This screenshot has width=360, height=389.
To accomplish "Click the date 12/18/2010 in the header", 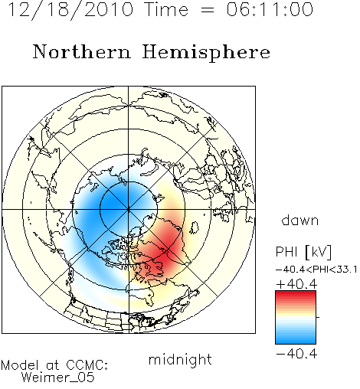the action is pyautogui.click(x=70, y=10).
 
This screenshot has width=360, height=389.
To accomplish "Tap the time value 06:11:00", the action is pyautogui.click(x=270, y=10).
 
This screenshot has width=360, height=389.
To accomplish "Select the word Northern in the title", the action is pyautogui.click(x=82, y=52).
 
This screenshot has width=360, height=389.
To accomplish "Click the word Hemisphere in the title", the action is pyautogui.click(x=206, y=53).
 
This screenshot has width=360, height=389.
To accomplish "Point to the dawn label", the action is pyautogui.click(x=300, y=220).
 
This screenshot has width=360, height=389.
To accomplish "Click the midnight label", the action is pyautogui.click(x=180, y=360).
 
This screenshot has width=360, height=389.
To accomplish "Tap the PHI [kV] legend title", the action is pyautogui.click(x=303, y=252).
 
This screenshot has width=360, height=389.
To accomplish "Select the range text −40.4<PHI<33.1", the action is pyautogui.click(x=316, y=270).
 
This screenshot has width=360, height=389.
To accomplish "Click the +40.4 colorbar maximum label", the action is pyautogui.click(x=296, y=284).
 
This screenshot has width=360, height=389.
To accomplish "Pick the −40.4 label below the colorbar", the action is pyautogui.click(x=296, y=354).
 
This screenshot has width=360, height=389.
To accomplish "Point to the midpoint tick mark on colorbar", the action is pyautogui.click(x=318, y=317).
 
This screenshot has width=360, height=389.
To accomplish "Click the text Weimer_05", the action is pyautogui.click(x=57, y=378).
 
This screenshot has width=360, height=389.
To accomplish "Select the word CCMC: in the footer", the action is pyautogui.click(x=87, y=365).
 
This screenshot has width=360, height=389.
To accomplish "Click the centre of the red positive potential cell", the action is pyautogui.click(x=167, y=251).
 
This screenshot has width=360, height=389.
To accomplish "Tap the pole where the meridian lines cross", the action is pyautogui.click(x=129, y=209).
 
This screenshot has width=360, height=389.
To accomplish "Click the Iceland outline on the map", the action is pyautogui.click(x=195, y=227).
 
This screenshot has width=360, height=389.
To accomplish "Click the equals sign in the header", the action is pyautogui.click(x=208, y=11).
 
